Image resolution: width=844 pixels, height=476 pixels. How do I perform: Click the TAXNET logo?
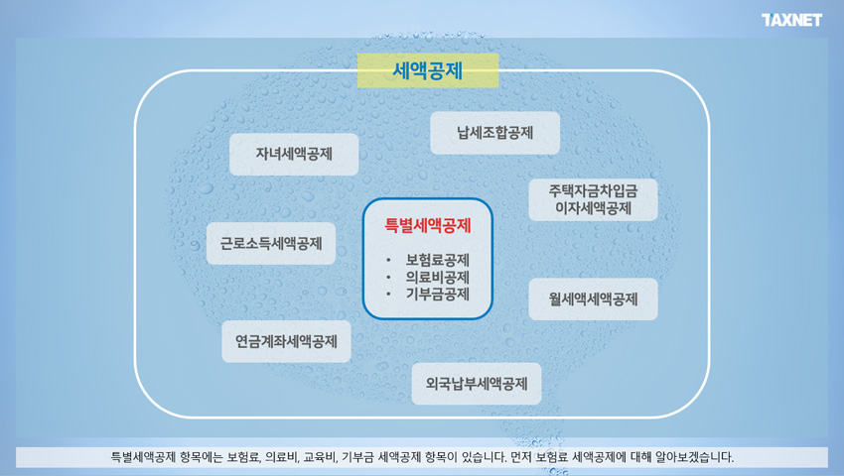click(791, 20)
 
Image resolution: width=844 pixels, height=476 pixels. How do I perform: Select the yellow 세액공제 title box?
click(428, 70)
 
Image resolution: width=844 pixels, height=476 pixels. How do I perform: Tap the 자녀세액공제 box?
click(294, 155)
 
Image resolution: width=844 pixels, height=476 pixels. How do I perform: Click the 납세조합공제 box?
click(495, 133)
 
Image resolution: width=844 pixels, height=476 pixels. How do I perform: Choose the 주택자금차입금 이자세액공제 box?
click(593, 199)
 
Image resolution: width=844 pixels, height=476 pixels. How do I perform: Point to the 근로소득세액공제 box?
click(271, 243)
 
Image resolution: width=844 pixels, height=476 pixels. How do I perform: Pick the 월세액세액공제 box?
click(593, 299)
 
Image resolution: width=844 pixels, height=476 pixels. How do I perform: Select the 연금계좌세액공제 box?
click(286, 341)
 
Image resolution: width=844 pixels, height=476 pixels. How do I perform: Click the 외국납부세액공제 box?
click(477, 384)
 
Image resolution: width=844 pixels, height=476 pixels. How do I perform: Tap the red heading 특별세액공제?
click(428, 225)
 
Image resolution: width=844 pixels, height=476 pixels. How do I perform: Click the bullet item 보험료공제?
click(438, 261)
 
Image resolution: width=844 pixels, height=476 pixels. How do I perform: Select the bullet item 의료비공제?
click(438, 278)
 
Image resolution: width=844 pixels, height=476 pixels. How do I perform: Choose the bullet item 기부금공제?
click(438, 295)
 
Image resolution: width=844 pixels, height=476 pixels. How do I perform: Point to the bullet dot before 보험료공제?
click(388, 261)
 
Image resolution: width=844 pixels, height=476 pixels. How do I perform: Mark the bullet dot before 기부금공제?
click(388, 295)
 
